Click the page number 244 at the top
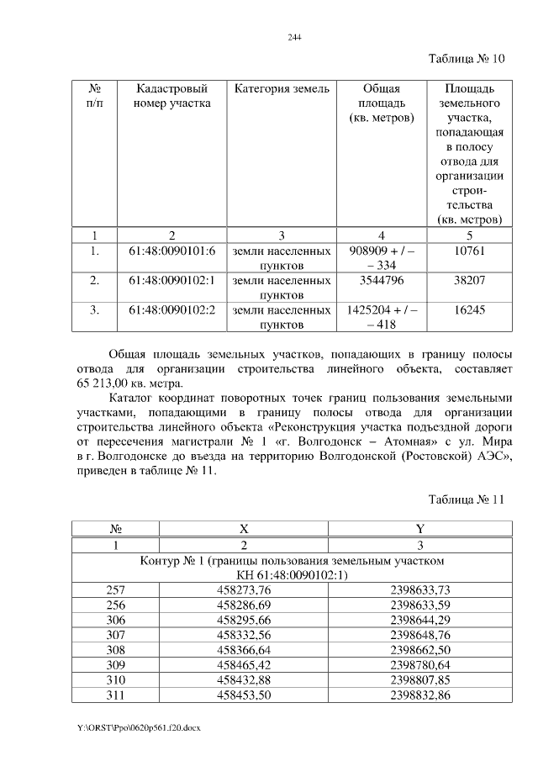(x=294, y=38)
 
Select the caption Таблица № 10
(x=466, y=60)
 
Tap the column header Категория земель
(x=282, y=88)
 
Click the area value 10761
(x=469, y=251)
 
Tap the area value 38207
(x=469, y=280)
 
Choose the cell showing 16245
(x=469, y=310)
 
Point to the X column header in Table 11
(x=244, y=529)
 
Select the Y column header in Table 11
(x=419, y=529)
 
